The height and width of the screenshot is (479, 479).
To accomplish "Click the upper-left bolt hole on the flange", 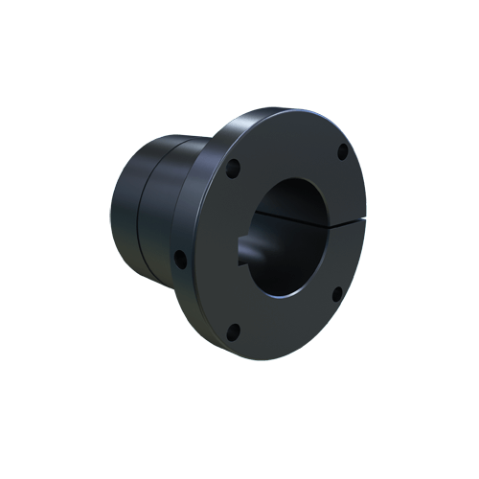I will (233, 165).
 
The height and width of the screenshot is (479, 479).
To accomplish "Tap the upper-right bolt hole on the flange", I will (342, 150).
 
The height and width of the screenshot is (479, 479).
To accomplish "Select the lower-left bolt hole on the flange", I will (234, 331).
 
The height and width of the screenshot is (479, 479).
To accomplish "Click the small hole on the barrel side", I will (179, 257).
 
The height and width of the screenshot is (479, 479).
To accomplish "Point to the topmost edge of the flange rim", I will (287, 108).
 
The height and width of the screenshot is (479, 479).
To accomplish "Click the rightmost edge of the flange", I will (372, 220).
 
